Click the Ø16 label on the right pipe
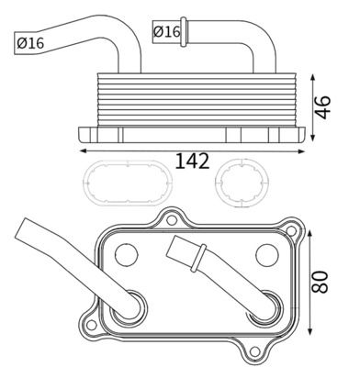pos(167,32)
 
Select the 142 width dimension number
pos(191,161)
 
